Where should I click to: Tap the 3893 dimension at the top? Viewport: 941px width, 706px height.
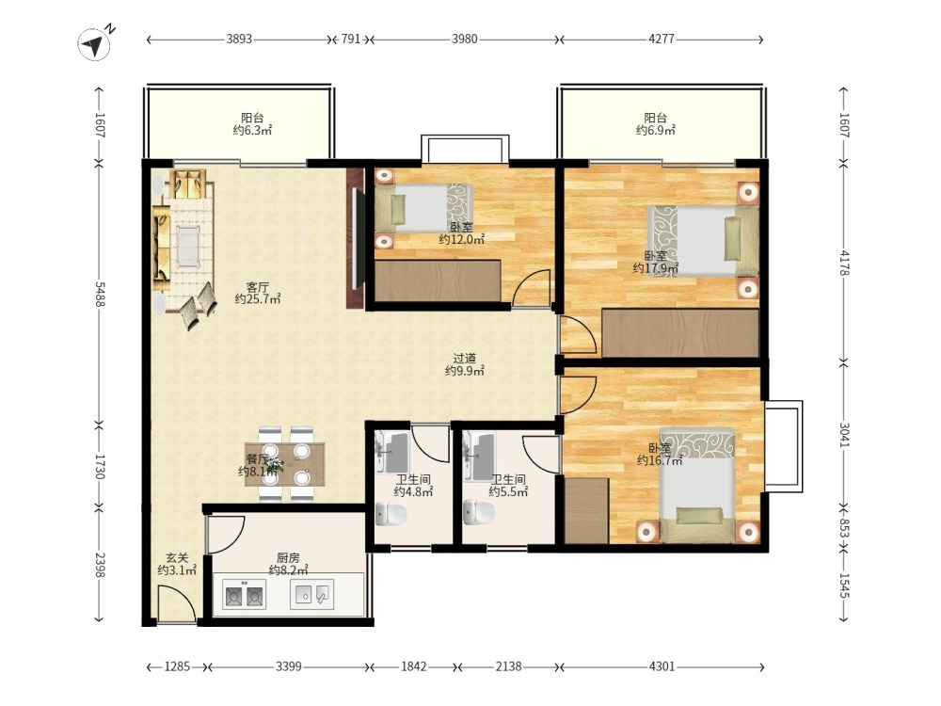pyautogui.click(x=239, y=40)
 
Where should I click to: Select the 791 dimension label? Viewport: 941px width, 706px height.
pyautogui.click(x=351, y=40)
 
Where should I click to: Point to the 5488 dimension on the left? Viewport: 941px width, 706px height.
pyautogui.click(x=100, y=294)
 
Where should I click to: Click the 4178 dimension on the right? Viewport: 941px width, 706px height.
pyautogui.click(x=844, y=263)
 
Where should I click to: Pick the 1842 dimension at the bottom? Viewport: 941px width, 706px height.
pyautogui.click(x=414, y=666)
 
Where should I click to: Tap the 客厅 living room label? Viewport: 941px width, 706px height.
pyautogui.click(x=258, y=287)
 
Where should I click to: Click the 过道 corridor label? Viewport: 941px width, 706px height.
pyautogui.click(x=465, y=359)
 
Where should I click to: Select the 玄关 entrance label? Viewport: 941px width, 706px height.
pyautogui.click(x=177, y=557)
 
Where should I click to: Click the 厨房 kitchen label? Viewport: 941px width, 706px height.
pyautogui.click(x=288, y=557)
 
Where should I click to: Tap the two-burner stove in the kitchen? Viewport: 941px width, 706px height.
pyautogui.click(x=244, y=594)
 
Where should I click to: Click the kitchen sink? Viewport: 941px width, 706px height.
pyautogui.click(x=312, y=594)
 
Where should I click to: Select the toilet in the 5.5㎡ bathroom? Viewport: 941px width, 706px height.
pyautogui.click(x=480, y=512)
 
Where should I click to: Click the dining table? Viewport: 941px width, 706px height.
pyautogui.click(x=284, y=463)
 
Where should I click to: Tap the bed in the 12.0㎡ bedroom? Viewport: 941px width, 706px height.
pyautogui.click(x=424, y=208)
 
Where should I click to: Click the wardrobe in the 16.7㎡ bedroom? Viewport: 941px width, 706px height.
pyautogui.click(x=586, y=511)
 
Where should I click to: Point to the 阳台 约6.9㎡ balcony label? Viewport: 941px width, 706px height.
pyautogui.click(x=656, y=124)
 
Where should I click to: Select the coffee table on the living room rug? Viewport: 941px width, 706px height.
pyautogui.click(x=188, y=246)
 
